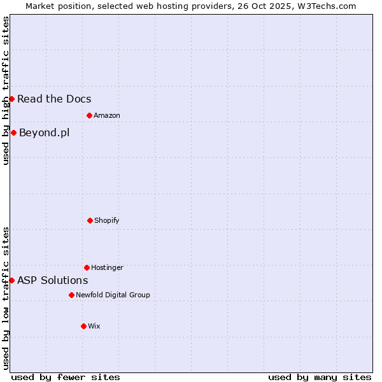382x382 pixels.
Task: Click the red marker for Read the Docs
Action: [11, 99]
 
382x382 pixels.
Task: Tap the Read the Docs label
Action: [54, 99]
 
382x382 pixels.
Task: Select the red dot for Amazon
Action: [89, 115]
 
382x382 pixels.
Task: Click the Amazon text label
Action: [107, 115]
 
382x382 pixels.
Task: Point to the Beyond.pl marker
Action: [13, 132]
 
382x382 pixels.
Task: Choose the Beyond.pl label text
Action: [44, 132]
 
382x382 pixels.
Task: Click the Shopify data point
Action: [90, 220]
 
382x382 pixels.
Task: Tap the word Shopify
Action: [107, 220]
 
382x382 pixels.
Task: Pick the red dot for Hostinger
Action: [87, 267]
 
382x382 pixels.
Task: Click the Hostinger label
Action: [107, 267]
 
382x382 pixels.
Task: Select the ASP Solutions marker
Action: [11, 280]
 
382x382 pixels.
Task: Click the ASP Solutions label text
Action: [52, 280]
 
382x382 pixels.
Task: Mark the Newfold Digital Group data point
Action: [71, 295]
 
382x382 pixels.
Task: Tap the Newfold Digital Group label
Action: [113, 295]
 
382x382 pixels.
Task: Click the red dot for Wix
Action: [83, 326]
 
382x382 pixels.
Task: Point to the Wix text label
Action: [94, 326]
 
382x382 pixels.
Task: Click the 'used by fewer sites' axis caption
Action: [66, 377]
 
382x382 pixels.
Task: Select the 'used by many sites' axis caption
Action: [320, 377]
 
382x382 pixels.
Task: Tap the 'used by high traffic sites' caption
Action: [6, 90]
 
